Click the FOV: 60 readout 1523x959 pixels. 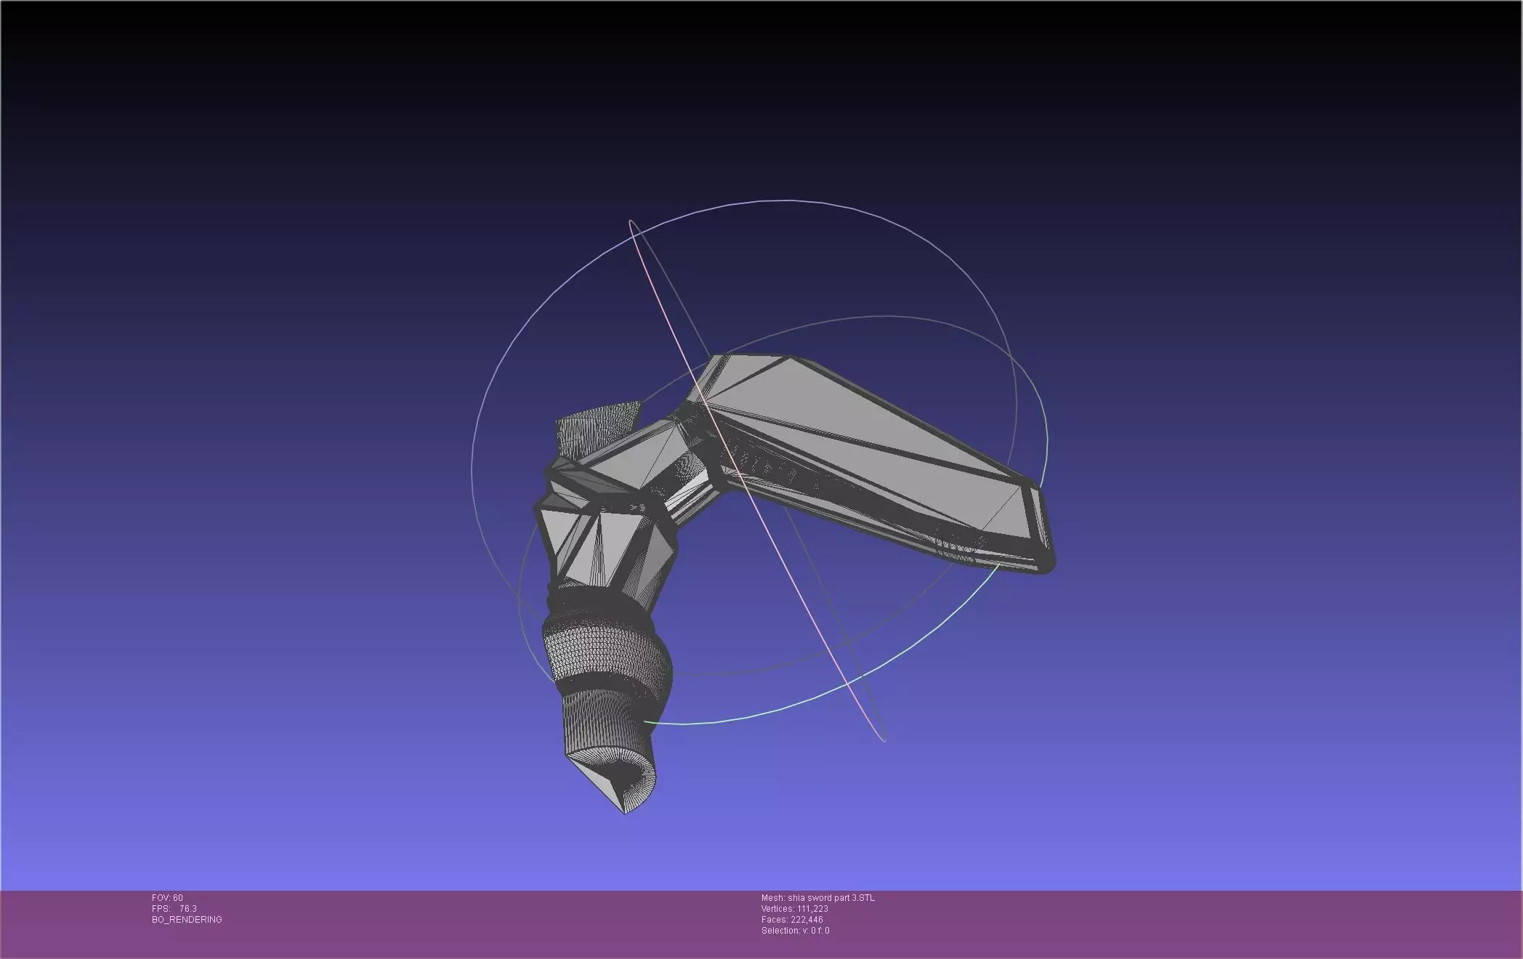[167, 898]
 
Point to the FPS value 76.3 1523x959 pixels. [187, 909]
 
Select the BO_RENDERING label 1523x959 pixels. [187, 920]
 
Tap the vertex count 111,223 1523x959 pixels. [812, 909]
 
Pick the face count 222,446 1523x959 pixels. [807, 920]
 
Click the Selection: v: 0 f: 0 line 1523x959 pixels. [795, 931]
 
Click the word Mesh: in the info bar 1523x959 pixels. [773, 898]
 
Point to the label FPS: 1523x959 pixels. [161, 909]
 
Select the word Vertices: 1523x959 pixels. [777, 909]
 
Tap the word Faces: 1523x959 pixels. [775, 920]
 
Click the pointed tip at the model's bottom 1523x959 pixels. [624, 810]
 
